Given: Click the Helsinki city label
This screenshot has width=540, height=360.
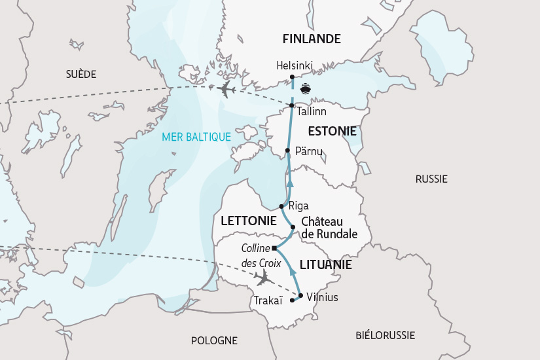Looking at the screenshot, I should coord(295,65).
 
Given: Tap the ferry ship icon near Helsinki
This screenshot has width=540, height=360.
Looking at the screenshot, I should coord(305,89).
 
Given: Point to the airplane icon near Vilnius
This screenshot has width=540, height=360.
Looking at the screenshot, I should coord(264,279).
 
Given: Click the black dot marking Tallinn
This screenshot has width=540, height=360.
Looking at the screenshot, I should coord(292,105).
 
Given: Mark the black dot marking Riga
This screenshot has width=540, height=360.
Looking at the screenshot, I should coord(281,206).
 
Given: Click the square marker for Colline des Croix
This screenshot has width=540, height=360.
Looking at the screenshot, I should coord(274,249).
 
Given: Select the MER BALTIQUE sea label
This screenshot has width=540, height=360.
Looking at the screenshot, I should coord(197,137).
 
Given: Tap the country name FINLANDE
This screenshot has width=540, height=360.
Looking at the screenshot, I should coord(312,39).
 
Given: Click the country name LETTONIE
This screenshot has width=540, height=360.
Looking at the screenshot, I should coord(248,221).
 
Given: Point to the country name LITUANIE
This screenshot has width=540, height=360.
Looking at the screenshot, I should coord(325,265).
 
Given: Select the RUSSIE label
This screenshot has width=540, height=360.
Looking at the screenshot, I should coord(431,179).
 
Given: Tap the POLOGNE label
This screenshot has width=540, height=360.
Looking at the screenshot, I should coord(214,340).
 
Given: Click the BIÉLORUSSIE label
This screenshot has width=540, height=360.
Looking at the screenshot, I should coord(386,335).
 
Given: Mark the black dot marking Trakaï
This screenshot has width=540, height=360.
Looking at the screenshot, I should coord(292,300).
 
